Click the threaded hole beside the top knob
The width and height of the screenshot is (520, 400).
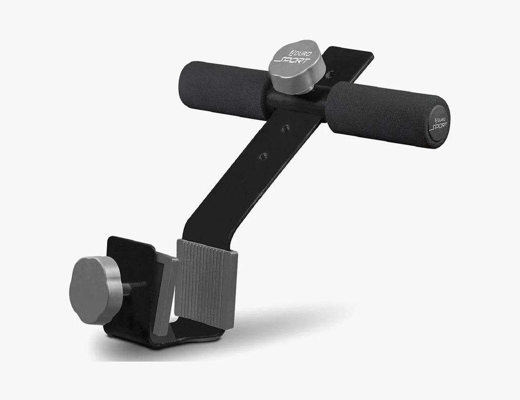[x=330, y=74]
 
